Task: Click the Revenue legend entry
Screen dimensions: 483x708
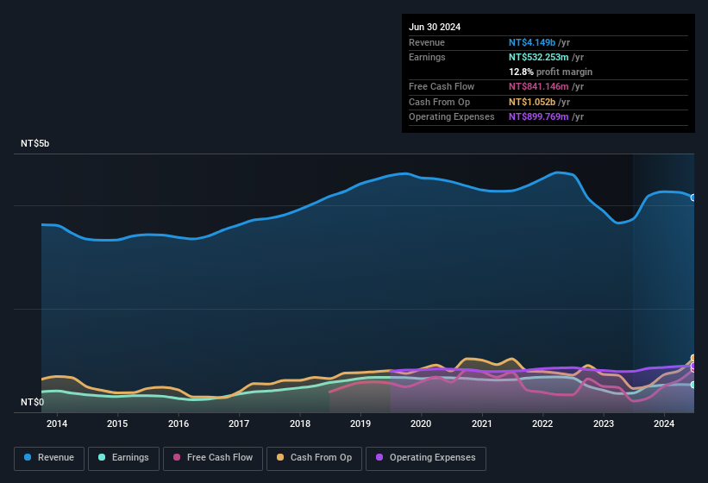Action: pos(49,458)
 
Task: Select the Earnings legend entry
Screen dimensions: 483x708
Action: pos(123,458)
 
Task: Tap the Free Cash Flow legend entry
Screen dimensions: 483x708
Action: pos(213,458)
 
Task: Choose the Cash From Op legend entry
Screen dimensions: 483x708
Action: pos(313,458)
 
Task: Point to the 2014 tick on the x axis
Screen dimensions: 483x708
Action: pos(57,423)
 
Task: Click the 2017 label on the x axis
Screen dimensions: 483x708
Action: pos(239,423)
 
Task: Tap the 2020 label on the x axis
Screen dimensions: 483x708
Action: pos(421,423)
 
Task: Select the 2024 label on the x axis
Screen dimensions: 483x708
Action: pos(664,423)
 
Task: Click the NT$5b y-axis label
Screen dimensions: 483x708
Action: pos(35,144)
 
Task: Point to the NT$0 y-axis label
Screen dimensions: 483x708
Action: pos(32,403)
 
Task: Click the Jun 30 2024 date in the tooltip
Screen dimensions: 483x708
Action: pos(435,27)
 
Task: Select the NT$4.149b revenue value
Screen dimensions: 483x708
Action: pos(532,42)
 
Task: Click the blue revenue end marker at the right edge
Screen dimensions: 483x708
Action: pos(693,198)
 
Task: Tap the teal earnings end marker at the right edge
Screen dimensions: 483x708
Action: pos(693,385)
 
